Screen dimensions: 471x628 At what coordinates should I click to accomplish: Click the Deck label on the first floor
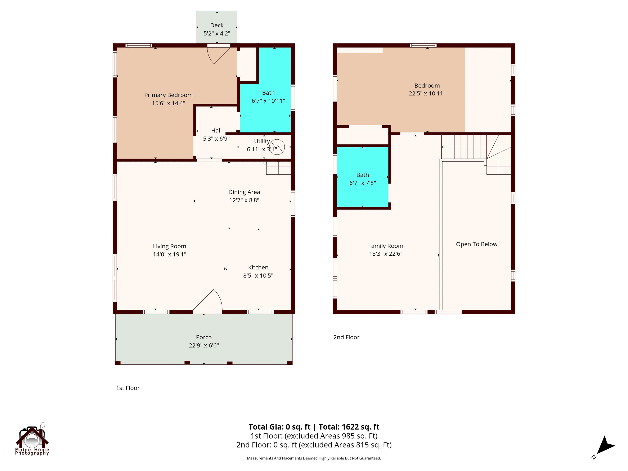point(217,26)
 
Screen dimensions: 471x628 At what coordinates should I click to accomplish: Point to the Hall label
point(216,131)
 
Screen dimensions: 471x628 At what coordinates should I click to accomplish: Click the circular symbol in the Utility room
point(277,147)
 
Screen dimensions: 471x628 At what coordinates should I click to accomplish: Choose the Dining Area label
point(244,192)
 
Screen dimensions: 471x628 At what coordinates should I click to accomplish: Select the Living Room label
point(170,246)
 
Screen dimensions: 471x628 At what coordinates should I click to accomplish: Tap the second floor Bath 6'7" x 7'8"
point(362,179)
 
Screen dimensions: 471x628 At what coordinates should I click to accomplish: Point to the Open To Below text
point(476,244)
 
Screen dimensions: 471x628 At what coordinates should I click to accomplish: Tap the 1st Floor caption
point(127,388)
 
